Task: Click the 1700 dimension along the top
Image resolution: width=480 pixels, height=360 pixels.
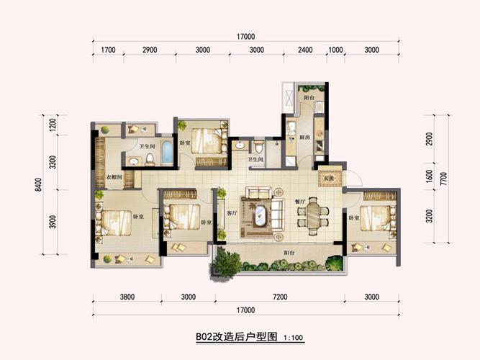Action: [x=109, y=50]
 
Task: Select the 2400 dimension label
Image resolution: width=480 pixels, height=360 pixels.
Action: [x=305, y=50]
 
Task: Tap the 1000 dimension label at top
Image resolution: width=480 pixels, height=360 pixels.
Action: [x=335, y=50]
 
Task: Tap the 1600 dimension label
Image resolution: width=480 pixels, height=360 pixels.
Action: [x=429, y=176]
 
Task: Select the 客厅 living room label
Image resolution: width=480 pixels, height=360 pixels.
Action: [x=232, y=213]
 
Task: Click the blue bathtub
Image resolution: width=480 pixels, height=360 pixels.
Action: [x=167, y=153]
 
